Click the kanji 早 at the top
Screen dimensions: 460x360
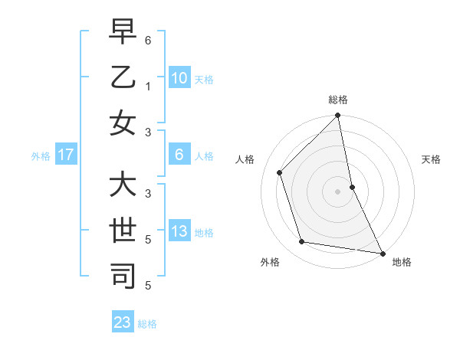[x=123, y=33]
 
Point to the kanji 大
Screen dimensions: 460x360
[x=123, y=186]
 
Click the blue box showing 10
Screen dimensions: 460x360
[x=179, y=78]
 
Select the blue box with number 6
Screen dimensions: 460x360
[x=179, y=155]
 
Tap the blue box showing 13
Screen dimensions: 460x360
[x=179, y=232]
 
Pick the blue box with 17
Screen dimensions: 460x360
[x=66, y=155]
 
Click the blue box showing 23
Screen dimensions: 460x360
[x=123, y=322]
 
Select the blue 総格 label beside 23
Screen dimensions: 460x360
[x=147, y=324]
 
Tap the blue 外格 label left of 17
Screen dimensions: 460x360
[x=40, y=156]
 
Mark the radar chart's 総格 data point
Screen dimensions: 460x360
[x=338, y=116]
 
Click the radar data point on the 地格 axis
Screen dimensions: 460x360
[x=382, y=253]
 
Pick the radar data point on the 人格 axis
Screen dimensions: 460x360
[x=280, y=172]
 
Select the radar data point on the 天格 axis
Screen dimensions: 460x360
[x=352, y=186]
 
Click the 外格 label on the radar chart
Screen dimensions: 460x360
[x=270, y=262]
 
